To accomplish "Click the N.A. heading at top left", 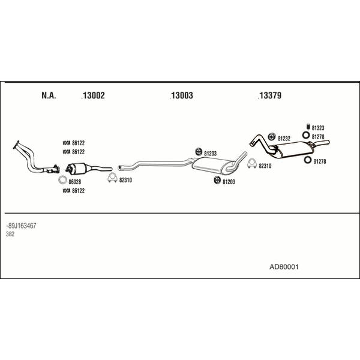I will pos(49,95).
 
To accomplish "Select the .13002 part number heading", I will pos(93,95).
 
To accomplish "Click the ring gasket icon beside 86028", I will pos(62,180).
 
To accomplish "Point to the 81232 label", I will pos(284,138).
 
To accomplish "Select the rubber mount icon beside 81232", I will pos(271,138).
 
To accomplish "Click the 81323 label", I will pos(318,128).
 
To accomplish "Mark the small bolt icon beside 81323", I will pos(307,127).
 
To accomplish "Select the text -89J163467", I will pos(21,226).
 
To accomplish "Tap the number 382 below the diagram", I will pos(11,234).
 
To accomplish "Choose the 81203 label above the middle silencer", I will pos(211,153).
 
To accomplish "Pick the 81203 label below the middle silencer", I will pos(229,181).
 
